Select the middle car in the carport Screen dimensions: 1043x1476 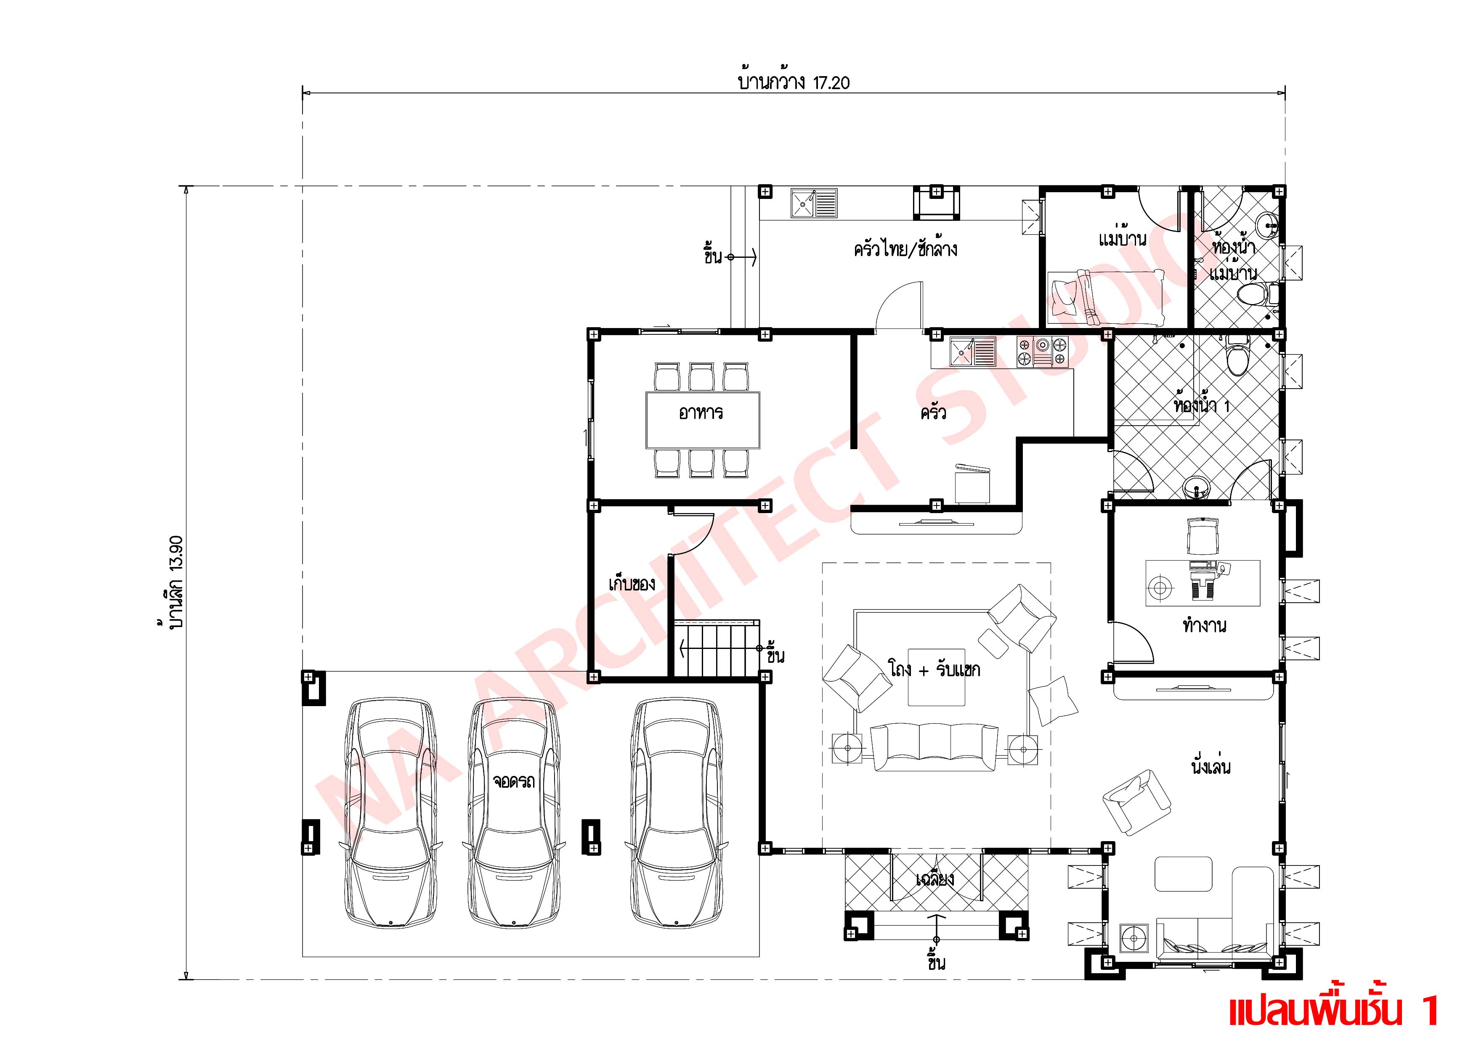514,813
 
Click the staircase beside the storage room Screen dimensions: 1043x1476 716,649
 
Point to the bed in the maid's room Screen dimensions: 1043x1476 1106,297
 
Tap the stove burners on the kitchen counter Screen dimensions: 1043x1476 1041,353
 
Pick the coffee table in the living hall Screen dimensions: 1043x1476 936,677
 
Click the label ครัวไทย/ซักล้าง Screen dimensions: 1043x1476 905,249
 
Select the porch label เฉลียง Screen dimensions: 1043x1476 935,879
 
